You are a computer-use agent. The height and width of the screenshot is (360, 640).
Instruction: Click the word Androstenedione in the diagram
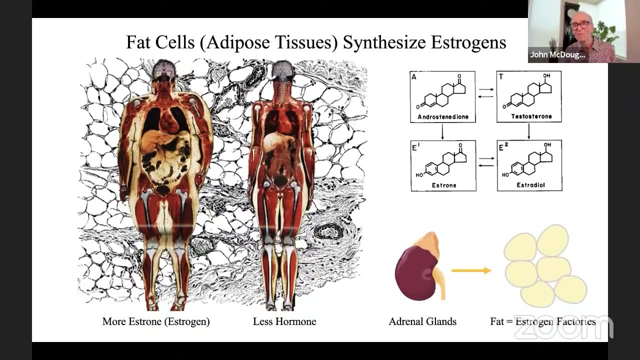coord(443,116)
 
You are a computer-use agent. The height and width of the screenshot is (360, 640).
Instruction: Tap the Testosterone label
coord(531,116)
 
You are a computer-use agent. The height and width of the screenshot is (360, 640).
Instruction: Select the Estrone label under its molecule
coord(444,185)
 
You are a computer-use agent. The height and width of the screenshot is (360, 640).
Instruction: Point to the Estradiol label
coord(531,185)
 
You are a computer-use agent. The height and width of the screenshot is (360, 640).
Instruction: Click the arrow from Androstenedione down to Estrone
coord(442,131)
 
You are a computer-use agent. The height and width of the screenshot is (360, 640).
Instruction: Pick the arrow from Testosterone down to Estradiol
coord(529,131)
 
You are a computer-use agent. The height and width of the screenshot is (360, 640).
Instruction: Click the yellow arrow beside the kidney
coord(471,270)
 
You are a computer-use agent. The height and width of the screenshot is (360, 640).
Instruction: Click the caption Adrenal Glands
coord(422,321)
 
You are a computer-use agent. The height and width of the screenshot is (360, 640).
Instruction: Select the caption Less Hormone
coord(284,321)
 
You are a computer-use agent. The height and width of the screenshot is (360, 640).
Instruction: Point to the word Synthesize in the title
coord(384,42)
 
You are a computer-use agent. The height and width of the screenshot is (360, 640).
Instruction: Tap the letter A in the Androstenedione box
coord(414,77)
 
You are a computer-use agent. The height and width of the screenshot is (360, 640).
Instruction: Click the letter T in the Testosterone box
coord(501,76)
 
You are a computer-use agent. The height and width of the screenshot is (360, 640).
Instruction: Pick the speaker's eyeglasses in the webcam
coord(580,25)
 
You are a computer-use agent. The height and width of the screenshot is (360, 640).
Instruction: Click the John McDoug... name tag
coord(557,55)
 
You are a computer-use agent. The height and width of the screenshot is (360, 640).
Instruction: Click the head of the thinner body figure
coord(282,70)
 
